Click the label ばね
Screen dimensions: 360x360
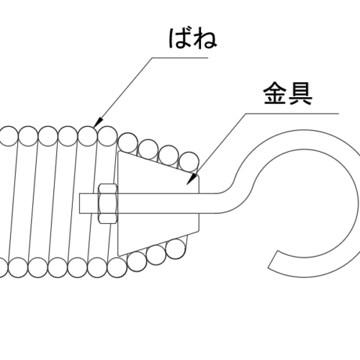(193, 39)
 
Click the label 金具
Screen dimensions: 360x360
(288, 94)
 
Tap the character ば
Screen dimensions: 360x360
(180, 39)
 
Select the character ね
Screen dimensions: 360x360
(205, 39)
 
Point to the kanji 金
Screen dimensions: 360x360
(275, 94)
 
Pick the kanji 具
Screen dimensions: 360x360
(300, 94)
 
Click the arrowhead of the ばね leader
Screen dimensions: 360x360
(98, 122)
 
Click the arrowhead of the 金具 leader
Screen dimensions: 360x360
(192, 179)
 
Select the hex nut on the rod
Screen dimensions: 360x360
(108, 204)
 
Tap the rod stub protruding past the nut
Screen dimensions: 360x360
(89, 203)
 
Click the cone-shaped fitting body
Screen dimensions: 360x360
(158, 204)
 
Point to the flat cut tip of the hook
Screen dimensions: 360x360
(273, 259)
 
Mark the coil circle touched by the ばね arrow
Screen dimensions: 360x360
(88, 136)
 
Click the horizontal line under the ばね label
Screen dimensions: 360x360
(180, 58)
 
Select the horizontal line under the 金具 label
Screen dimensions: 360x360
(292, 113)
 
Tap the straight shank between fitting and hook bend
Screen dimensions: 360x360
(208, 203)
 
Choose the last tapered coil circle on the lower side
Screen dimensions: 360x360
(176, 249)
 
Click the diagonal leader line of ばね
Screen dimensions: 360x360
(122, 92)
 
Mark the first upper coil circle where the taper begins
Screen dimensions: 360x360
(128, 143)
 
